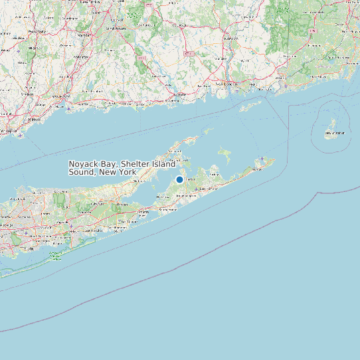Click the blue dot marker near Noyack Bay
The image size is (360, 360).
pyautogui.click(x=179, y=179)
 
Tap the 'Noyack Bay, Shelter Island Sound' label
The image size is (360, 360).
pyautogui.click(x=122, y=168)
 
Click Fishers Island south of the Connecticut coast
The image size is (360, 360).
pyautogui.click(x=251, y=105)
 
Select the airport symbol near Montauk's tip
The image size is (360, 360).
pyautogui.click(x=263, y=159)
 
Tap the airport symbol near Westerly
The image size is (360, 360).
pyautogui.click(x=286, y=85)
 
